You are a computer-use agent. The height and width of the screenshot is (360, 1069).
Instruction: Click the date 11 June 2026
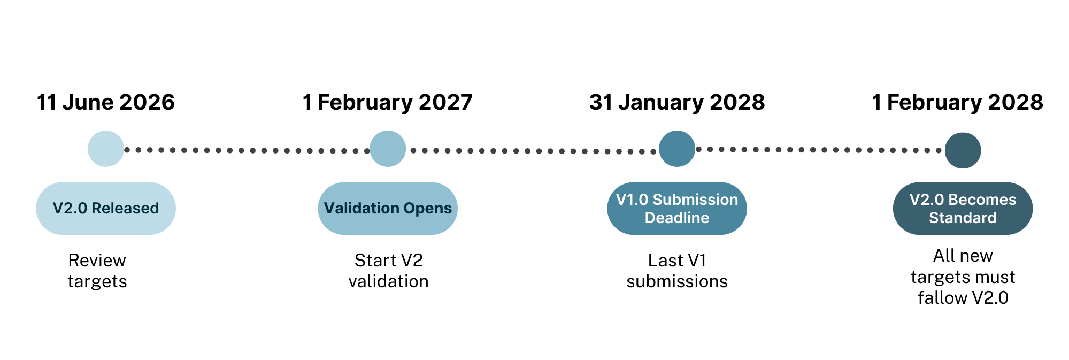[x=106, y=102]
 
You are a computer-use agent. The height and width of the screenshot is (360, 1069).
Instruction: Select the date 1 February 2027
[x=388, y=102]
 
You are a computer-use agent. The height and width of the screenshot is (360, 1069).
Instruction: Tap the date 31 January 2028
[x=677, y=102]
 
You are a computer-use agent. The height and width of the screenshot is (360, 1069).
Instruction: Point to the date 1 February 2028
[x=957, y=102]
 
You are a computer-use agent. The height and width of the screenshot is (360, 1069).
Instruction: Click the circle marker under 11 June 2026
[x=106, y=149]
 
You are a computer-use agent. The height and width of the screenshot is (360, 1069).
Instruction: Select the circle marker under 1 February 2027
[x=388, y=149]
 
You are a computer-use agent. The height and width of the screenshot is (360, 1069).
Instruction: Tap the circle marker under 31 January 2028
[x=677, y=149]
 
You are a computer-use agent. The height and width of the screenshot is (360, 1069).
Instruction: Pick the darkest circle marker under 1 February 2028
[x=963, y=150]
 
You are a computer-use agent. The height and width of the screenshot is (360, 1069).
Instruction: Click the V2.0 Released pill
[x=106, y=209]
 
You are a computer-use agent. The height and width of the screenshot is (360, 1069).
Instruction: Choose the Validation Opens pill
[x=388, y=209]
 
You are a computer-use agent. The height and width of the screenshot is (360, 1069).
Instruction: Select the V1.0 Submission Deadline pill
[x=677, y=209]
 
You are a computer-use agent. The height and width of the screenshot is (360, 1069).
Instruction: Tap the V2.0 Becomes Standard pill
[x=963, y=209]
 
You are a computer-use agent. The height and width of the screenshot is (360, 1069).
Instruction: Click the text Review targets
[x=97, y=271]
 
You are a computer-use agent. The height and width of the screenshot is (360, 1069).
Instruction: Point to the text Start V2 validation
[x=388, y=271]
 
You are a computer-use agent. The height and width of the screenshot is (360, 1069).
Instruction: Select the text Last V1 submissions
[x=677, y=271]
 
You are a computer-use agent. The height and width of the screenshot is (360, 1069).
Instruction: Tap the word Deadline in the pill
[x=677, y=218]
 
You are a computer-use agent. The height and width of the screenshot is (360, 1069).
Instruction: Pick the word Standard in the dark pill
[x=963, y=218]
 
